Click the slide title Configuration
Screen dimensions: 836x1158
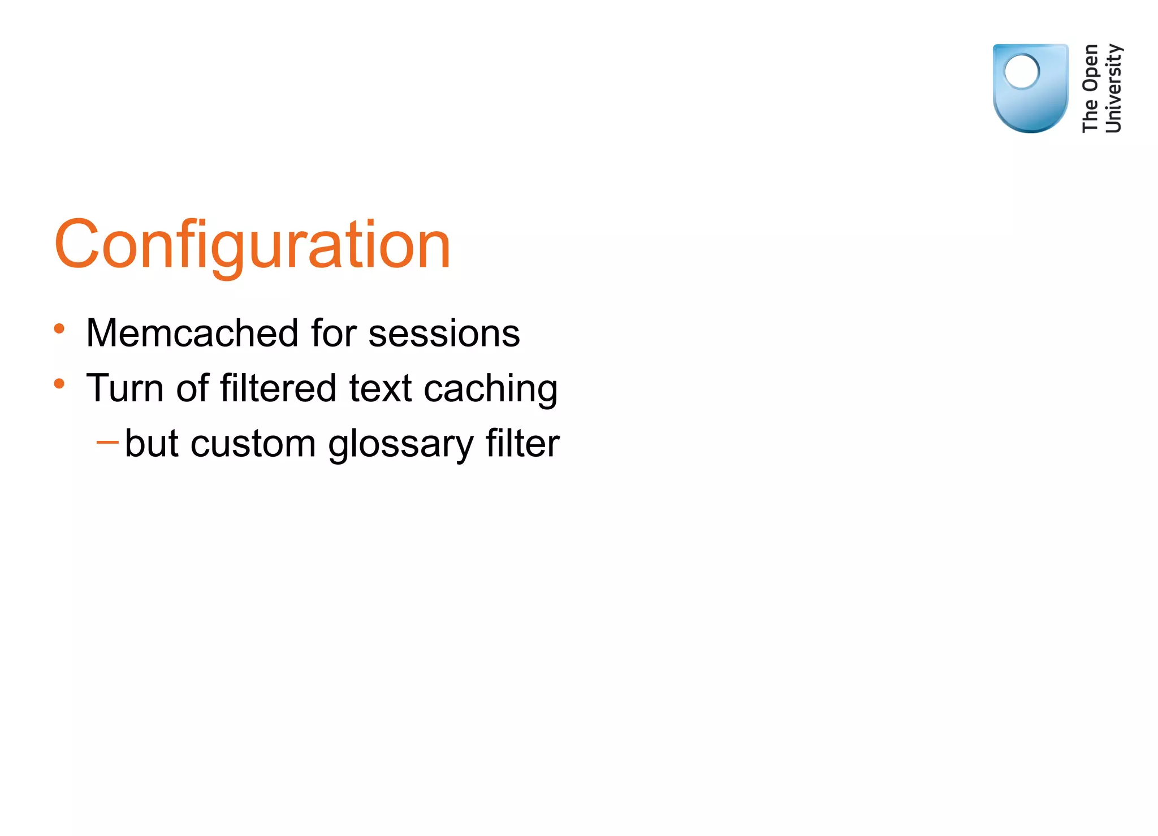(x=252, y=245)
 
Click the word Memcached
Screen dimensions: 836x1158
(x=192, y=333)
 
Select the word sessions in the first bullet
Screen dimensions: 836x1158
(x=444, y=333)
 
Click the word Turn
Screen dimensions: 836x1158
(x=125, y=388)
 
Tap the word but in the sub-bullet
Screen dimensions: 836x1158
(x=152, y=443)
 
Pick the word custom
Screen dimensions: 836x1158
(x=253, y=444)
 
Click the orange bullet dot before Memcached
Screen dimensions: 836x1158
(x=59, y=328)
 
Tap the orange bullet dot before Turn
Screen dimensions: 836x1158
(x=59, y=384)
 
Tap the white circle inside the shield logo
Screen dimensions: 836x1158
(x=1021, y=72)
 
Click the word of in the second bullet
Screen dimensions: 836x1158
(x=192, y=388)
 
